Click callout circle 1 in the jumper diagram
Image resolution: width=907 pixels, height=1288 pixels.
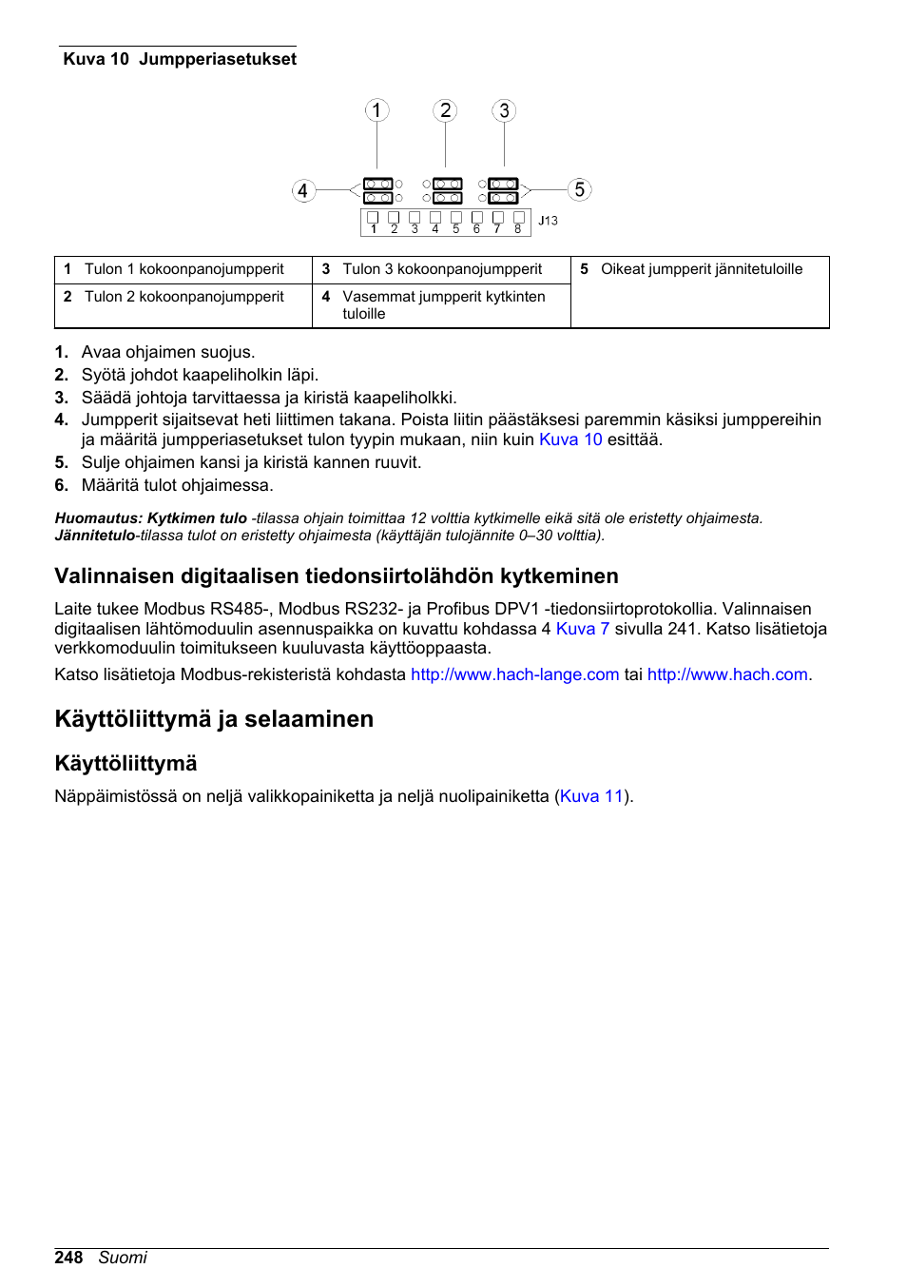tap(376, 110)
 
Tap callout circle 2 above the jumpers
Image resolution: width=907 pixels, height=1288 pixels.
tap(445, 110)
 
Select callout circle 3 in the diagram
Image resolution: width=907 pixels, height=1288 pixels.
tap(504, 110)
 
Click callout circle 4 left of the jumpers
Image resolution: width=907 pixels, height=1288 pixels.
tap(302, 190)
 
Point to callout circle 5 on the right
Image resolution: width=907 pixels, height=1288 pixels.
tap(579, 189)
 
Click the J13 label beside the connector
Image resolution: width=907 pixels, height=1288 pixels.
tap(548, 221)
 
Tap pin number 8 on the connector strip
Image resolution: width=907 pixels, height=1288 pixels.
tap(518, 228)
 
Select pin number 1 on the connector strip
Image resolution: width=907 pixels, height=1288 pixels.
tap(374, 228)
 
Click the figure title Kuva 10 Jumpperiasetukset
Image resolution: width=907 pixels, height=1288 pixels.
tap(180, 59)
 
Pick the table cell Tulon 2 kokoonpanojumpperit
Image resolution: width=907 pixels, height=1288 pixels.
tap(183, 297)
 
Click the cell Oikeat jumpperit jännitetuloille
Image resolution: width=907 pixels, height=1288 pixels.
tap(701, 269)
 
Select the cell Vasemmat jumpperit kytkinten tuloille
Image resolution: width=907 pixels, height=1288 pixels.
tap(443, 305)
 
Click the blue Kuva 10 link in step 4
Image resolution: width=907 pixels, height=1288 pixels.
tap(570, 439)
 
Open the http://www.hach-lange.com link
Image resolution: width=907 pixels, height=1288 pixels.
tap(514, 674)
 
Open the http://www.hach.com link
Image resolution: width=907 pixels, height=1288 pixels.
tap(727, 674)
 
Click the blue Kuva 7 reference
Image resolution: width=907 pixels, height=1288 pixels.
tap(582, 629)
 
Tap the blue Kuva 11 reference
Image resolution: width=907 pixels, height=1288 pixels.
tap(590, 796)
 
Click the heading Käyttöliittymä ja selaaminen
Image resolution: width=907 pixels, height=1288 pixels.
tap(214, 719)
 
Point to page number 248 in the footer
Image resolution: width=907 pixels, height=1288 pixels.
tap(68, 1258)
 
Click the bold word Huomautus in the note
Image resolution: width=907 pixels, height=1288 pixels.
tap(98, 518)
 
